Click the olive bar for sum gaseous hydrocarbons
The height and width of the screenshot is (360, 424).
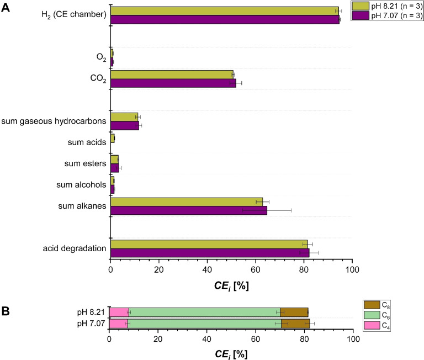[124, 117]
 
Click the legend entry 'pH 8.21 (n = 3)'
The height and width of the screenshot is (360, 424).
[396, 6]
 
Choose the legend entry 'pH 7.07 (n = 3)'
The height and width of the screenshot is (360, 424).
[396, 15]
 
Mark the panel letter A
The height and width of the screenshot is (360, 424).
[6, 6]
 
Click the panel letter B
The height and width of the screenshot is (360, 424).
[6, 311]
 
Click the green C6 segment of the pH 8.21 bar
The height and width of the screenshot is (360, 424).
[204, 312]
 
